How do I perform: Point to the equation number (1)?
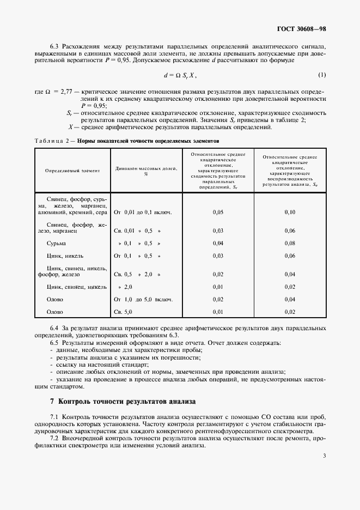(x=322, y=75)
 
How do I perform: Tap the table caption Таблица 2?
(x=52, y=140)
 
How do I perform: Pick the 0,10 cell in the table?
(x=290, y=212)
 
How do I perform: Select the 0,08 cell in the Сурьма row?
(x=290, y=243)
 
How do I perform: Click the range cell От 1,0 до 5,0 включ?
(x=143, y=299)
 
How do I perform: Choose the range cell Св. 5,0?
(x=123, y=312)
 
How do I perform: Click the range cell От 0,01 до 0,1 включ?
(x=143, y=212)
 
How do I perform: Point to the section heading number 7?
(x=52, y=402)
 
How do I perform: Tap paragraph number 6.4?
(x=54, y=328)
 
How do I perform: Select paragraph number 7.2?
(x=54, y=438)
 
